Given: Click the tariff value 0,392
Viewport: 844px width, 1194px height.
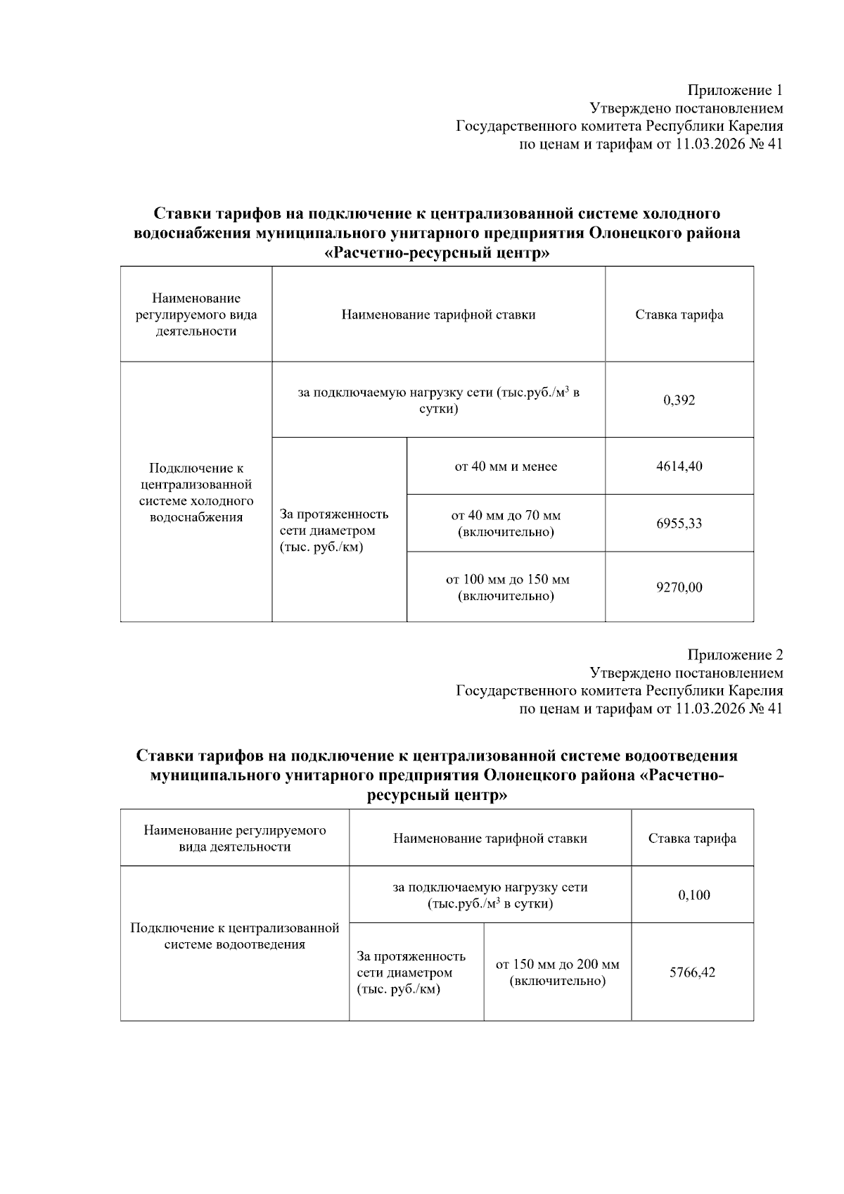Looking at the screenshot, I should tap(679, 400).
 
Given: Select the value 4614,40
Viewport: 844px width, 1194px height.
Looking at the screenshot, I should tap(679, 466).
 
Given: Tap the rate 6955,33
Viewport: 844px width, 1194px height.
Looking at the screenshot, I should tap(679, 523).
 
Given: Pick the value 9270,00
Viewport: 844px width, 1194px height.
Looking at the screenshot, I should tap(679, 588).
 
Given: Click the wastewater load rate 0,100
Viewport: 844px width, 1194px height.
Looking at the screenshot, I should tap(693, 895).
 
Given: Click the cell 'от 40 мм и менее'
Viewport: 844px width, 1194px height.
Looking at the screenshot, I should tap(506, 466).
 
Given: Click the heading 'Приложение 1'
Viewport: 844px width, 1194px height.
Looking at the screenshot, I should tap(734, 90).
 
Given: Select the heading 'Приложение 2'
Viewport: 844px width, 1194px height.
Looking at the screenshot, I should tap(734, 655).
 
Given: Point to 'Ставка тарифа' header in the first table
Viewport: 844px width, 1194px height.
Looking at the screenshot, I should tap(679, 315).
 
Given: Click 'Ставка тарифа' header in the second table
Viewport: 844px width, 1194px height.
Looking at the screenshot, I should tap(692, 838).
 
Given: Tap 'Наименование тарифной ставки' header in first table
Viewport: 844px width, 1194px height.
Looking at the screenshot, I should tap(438, 315).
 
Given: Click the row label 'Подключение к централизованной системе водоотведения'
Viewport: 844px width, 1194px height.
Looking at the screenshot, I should tap(235, 936).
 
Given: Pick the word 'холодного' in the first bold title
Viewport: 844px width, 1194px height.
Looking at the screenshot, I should tap(676, 213).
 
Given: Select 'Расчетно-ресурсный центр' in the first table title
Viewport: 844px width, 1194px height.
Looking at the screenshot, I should tap(436, 253).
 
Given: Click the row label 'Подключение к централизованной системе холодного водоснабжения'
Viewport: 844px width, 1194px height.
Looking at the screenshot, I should tap(196, 493).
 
